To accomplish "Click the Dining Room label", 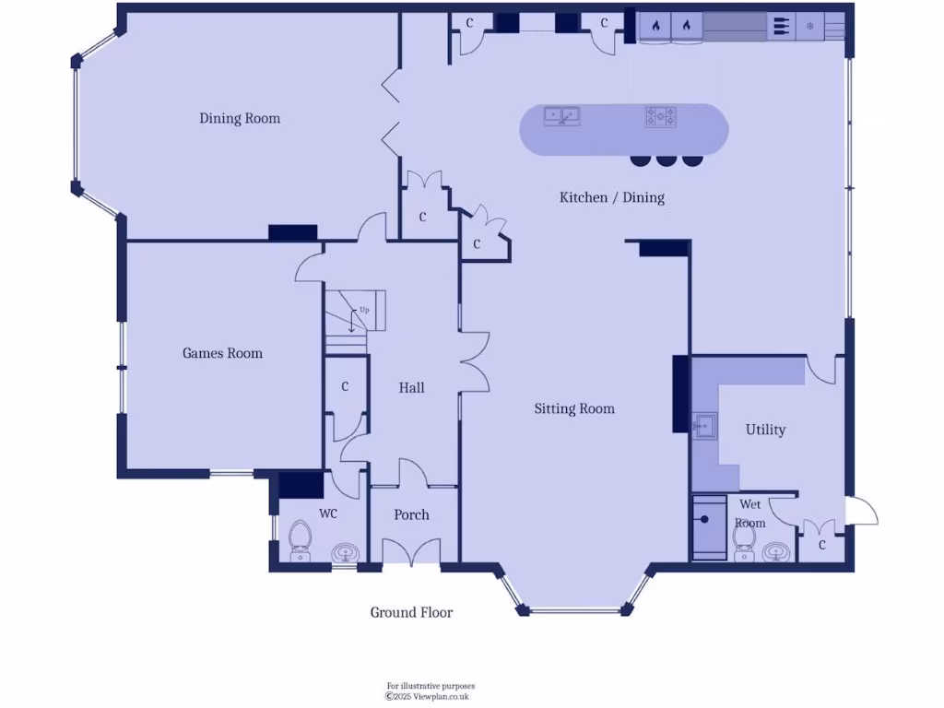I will point(240,118).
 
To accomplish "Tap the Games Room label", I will point(222,353).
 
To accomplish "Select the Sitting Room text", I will point(574,408).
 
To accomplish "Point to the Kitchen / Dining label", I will point(612,197).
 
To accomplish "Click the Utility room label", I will point(765,430).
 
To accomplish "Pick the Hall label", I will point(411,388).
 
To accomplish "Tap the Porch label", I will point(411,514).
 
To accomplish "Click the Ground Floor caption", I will point(411,612).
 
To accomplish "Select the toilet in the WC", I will point(301,540).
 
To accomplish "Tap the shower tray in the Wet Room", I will point(708,527).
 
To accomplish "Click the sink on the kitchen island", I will point(561,116).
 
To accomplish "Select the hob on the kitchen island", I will point(660,117).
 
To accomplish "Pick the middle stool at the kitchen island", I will point(667,160).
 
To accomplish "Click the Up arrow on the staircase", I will point(352,320).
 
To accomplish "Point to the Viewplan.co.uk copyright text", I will point(430,697).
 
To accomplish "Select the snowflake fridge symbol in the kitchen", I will point(810,26).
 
